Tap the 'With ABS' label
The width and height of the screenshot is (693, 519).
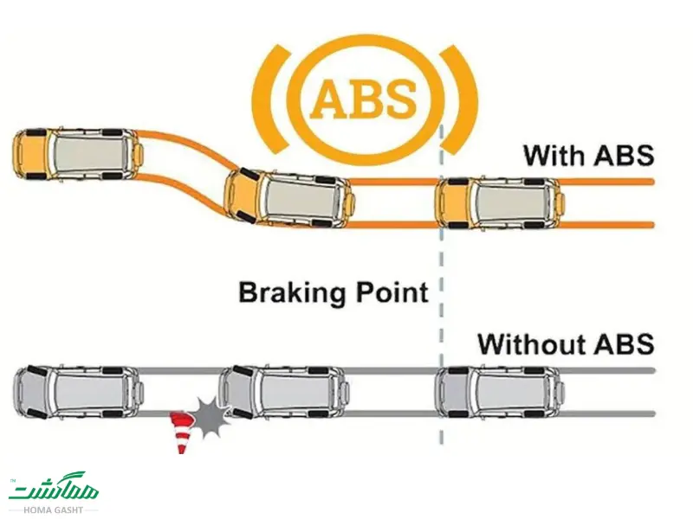tap(588, 157)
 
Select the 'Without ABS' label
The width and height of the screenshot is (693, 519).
tap(566, 344)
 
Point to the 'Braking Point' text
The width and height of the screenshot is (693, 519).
tap(334, 292)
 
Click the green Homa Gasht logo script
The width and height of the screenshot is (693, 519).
tap(54, 490)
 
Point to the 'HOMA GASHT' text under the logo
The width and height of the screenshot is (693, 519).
tap(53, 509)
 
